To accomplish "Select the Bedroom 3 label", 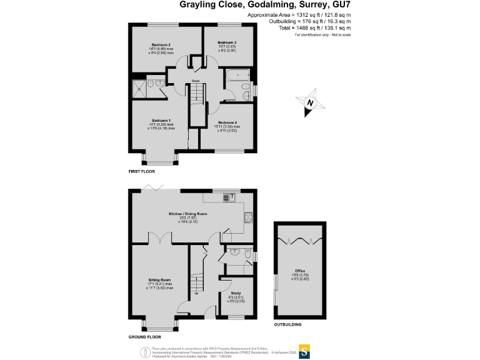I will coord(227,42).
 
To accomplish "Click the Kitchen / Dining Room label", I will coord(187,214).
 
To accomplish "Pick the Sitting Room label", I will coord(160,279).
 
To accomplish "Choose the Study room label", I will coord(236,292).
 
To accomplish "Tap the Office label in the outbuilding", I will coord(300,271).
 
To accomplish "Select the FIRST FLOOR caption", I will coord(142,171).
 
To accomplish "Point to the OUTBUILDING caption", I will coord(287,325).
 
